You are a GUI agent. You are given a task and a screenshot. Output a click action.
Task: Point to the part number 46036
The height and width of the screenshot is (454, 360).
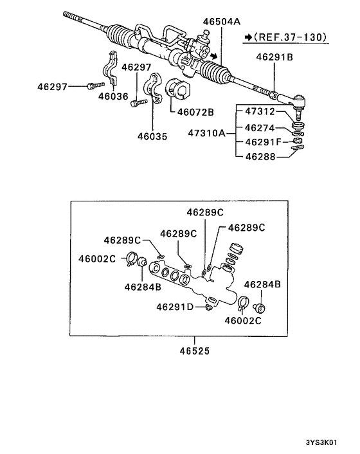pyautogui.click(x=113, y=96)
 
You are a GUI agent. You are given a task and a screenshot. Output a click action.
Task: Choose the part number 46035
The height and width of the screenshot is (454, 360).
pyautogui.click(x=152, y=136)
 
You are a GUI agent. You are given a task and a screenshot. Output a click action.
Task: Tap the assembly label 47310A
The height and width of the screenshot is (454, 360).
pyautogui.click(x=206, y=134)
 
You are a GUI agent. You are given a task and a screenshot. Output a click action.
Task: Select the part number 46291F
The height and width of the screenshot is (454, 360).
pyautogui.click(x=262, y=141)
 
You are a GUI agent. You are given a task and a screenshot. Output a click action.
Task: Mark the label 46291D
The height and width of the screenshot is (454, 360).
pyautogui.click(x=174, y=307)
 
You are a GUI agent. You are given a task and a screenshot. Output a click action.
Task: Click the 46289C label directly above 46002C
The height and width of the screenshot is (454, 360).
pyautogui.click(x=122, y=241)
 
